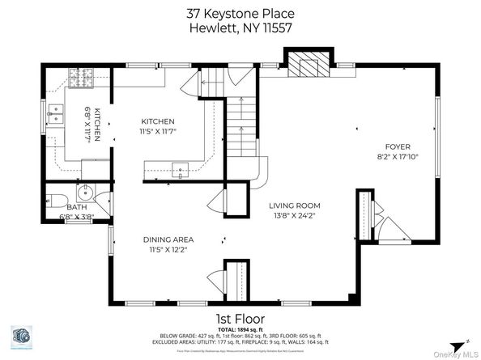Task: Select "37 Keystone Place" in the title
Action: point(240,13)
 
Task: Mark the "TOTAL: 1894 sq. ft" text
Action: point(240,329)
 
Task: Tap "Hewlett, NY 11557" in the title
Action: point(240,28)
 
